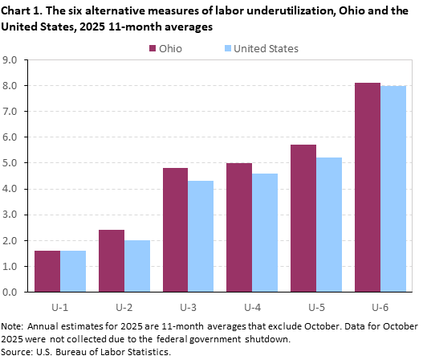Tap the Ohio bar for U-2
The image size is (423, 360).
click(x=112, y=260)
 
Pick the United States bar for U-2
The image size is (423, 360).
click(x=137, y=266)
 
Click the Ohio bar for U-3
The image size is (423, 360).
click(x=175, y=230)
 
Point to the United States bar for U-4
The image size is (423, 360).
click(x=265, y=232)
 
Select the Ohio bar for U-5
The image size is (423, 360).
click(x=303, y=218)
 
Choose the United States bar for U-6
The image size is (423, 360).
click(x=393, y=189)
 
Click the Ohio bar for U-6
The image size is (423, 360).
click(x=368, y=187)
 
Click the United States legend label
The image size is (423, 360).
click(x=267, y=48)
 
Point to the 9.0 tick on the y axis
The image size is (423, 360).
click(x=12, y=59)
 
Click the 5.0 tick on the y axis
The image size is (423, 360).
click(x=12, y=163)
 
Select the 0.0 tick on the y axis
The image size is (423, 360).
click(x=12, y=292)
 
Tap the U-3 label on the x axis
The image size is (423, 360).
click(x=189, y=306)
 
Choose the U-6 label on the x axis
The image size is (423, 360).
click(x=380, y=306)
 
